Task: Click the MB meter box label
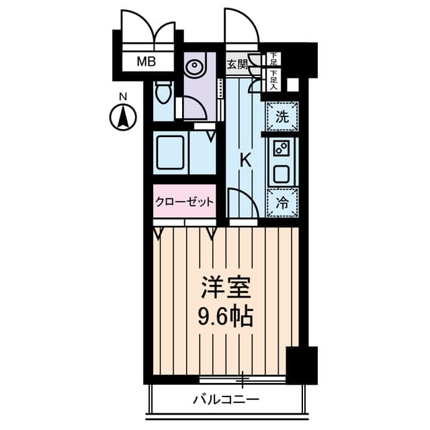[146, 62]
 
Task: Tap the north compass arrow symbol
[123, 118]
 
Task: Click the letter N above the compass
[123, 97]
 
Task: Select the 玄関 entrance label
[236, 64]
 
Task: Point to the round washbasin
[195, 68]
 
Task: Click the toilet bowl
[162, 92]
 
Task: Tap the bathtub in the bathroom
[170, 153]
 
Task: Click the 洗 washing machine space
[283, 116]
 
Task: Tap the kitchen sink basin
[281, 174]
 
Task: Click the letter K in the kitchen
[246, 161]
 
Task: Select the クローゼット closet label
[184, 202]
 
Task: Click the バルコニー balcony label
[226, 400]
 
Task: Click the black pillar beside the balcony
[300, 365]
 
